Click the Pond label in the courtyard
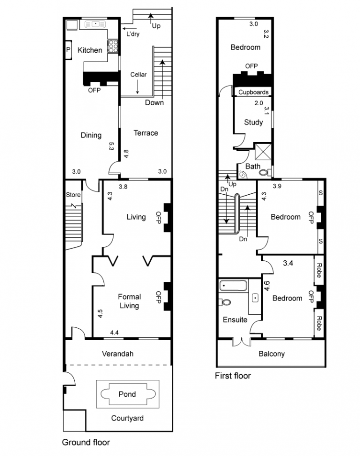pyautogui.click(x=127, y=394)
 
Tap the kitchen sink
pyautogui.click(x=95, y=24)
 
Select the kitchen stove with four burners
pyautogui.click(x=113, y=46)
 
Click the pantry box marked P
pyautogui.click(x=68, y=50)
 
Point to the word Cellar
pyautogui.click(x=138, y=75)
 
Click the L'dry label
pyautogui.click(x=133, y=34)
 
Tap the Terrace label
pyautogui.click(x=146, y=133)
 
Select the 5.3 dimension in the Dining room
pyautogui.click(x=111, y=146)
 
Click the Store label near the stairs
pyautogui.click(x=73, y=195)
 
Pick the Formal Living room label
pyautogui.click(x=130, y=301)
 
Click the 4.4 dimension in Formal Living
pyautogui.click(x=114, y=333)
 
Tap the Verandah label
pyautogui.click(x=118, y=354)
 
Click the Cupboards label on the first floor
pyautogui.click(x=253, y=92)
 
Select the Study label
pyautogui.click(x=253, y=122)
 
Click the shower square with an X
pyautogui.click(x=263, y=151)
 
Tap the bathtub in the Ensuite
pyautogui.click(x=234, y=286)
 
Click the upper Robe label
pyautogui.click(x=319, y=270)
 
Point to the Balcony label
pyautogui.click(x=271, y=354)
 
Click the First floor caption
pyautogui.click(x=233, y=376)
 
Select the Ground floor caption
pyautogui.click(x=86, y=442)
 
